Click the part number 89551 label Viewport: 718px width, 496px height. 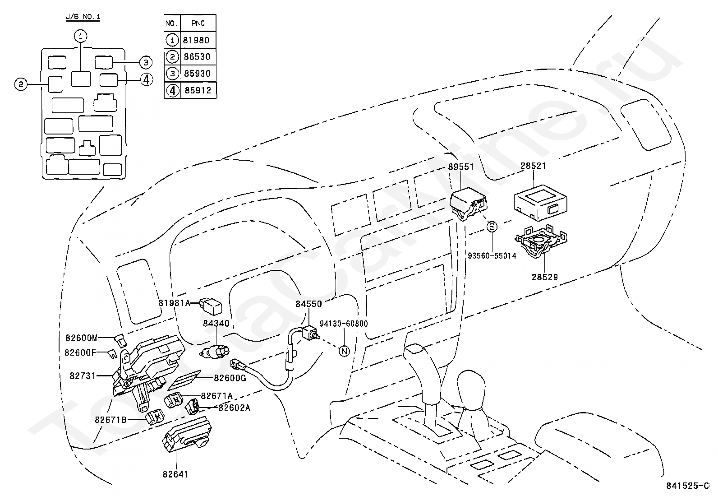coord(460,167)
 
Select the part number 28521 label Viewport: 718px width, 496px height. coord(533,166)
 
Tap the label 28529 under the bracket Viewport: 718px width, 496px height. coord(544,277)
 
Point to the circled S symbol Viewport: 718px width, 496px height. coord(492,227)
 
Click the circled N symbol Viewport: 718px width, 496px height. coord(344,352)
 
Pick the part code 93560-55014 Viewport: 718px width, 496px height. coord(492,256)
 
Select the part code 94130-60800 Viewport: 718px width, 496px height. coord(344,324)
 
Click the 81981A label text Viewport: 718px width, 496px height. coord(175,303)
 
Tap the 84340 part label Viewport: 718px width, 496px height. coord(216,323)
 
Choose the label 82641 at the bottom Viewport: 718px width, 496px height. coord(175,474)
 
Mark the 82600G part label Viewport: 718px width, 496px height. coord(230,378)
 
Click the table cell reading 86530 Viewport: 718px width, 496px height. coord(197,57)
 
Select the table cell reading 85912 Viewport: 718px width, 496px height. coord(197,90)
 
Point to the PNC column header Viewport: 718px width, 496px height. coord(197,23)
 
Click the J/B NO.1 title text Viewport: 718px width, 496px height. coord(83,17)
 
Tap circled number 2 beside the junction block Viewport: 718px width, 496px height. coord(20,84)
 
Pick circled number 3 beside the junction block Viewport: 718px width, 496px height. coord(145,62)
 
